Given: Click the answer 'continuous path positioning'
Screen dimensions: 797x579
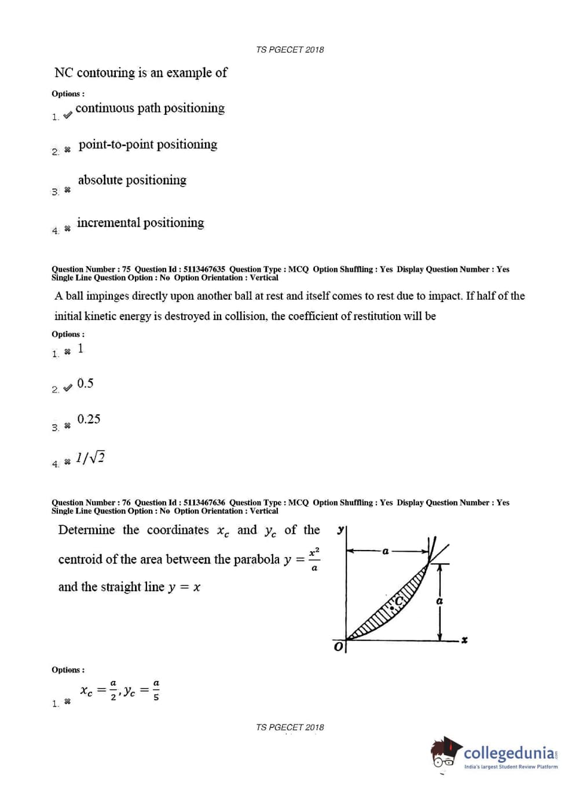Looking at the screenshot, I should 150,108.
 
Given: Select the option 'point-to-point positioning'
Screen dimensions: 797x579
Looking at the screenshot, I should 148,144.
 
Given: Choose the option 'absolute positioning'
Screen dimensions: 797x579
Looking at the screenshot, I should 132,180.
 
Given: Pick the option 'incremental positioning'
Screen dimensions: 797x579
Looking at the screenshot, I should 140,223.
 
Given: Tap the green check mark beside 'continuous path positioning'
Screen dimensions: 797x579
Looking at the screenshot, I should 68,115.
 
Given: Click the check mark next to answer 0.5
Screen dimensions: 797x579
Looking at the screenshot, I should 68,387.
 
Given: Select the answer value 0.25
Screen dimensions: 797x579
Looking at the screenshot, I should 89,419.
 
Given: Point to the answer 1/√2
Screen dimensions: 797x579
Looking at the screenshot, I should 90,458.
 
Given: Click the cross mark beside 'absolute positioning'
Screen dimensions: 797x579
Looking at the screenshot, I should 67,190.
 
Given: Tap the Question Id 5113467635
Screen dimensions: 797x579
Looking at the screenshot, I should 204,269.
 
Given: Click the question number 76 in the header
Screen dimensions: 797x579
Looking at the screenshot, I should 126,503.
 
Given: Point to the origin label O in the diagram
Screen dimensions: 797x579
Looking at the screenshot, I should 338,646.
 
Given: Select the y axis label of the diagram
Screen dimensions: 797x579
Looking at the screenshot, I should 340,530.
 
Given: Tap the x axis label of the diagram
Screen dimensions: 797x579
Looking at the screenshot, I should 464,640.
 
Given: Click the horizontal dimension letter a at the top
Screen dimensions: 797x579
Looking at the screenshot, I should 385,551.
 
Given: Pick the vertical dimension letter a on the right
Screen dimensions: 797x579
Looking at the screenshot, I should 439,601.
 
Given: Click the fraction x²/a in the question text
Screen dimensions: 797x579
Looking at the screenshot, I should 314,559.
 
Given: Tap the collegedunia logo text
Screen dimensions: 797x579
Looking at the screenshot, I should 510,753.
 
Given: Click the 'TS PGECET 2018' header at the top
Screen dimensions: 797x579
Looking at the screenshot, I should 289,50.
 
